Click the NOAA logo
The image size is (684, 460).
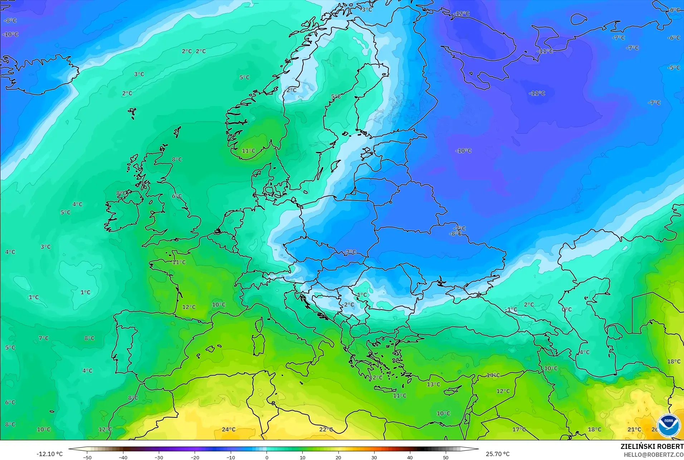(x=668, y=425)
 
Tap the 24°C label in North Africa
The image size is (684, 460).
(x=229, y=429)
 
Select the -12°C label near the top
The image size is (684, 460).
(x=461, y=14)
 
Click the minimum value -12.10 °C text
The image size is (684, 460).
(x=49, y=454)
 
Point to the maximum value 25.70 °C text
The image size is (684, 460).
(x=498, y=454)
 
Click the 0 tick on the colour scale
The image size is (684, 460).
(x=267, y=457)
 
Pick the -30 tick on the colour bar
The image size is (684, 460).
(x=159, y=457)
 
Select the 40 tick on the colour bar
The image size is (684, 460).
(x=410, y=457)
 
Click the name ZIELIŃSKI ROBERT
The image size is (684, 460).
(x=652, y=446)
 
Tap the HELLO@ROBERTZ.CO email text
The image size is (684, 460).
(x=654, y=455)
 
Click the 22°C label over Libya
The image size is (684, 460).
(x=326, y=429)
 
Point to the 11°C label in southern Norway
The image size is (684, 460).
(x=249, y=151)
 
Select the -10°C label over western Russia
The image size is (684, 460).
(x=463, y=151)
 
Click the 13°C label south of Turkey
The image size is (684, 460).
(x=433, y=384)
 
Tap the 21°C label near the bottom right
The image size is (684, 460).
(x=634, y=429)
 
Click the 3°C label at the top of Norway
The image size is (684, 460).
(x=367, y=10)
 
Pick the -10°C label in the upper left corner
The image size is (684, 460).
(x=10, y=34)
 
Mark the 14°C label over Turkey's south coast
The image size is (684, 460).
(x=493, y=375)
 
